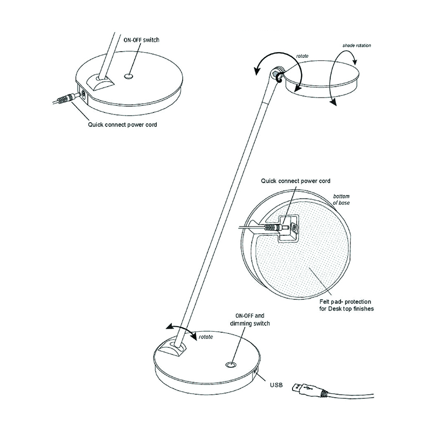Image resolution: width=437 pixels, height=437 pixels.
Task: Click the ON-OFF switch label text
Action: tap(141, 40)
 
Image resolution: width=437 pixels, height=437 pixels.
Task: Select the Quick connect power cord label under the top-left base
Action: tap(122, 124)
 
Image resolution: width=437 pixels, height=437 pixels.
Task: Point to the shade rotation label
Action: tap(357, 45)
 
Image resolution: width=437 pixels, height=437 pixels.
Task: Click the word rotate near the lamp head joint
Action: tap(302, 56)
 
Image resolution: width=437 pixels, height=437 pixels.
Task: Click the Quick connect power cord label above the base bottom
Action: tap(296, 181)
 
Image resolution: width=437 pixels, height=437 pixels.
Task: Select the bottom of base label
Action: tap(342, 200)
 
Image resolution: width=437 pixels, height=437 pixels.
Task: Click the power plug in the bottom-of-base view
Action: tap(275, 227)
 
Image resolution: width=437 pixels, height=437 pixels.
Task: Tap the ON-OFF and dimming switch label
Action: tap(250, 320)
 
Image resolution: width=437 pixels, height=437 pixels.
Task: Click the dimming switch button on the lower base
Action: tap(231, 365)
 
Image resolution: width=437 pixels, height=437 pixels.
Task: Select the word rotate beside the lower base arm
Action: tap(206, 337)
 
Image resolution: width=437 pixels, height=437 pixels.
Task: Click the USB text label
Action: tap(276, 385)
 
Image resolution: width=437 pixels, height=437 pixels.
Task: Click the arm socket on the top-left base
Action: tap(100, 82)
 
